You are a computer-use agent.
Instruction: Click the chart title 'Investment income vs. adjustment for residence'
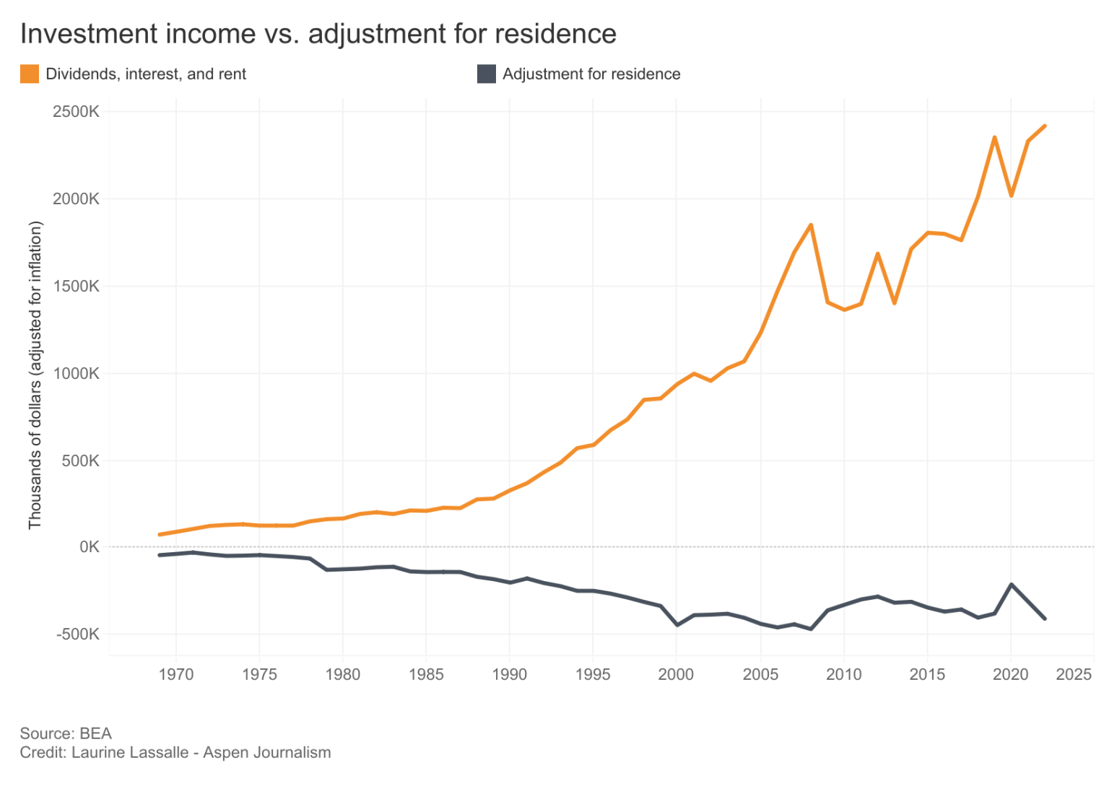tap(318, 34)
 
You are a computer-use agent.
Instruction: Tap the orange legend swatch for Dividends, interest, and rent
tap(30, 74)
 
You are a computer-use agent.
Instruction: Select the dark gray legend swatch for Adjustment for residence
tap(487, 74)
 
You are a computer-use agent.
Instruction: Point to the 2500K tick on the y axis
tap(76, 112)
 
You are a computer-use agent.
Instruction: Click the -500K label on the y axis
tap(78, 634)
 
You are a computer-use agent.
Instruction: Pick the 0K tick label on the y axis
tap(89, 547)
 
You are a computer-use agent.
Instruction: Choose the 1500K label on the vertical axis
tap(76, 286)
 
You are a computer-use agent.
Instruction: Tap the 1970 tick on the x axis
tap(176, 674)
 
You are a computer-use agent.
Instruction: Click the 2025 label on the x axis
tap(1074, 674)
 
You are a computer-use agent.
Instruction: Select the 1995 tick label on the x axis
tap(593, 674)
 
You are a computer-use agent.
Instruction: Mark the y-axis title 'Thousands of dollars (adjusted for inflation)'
tap(35, 375)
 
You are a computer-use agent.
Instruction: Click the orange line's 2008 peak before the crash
tap(811, 225)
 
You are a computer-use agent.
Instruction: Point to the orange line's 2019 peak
tap(994, 137)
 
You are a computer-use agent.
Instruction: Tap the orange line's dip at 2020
tap(1011, 196)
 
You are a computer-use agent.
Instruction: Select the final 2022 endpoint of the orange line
tap(1044, 126)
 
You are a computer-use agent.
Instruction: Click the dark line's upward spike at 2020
tap(1011, 585)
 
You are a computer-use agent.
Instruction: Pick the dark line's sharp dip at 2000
tap(677, 625)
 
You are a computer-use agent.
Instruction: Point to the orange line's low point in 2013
tap(895, 303)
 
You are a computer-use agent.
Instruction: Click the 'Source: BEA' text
tap(66, 733)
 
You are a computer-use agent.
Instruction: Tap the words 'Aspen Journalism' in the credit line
tap(267, 752)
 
